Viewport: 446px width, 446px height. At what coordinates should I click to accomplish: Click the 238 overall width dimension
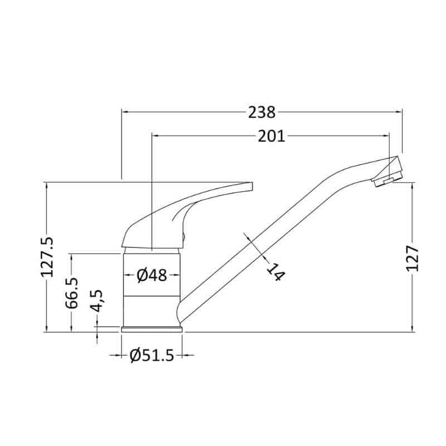(x=261, y=112)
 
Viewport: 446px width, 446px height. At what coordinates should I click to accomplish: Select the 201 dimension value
(x=271, y=135)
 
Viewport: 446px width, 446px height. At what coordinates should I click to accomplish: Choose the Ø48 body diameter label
(x=152, y=275)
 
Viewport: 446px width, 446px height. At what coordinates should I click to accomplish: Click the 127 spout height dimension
(x=413, y=258)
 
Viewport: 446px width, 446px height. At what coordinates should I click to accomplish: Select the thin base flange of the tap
(x=152, y=329)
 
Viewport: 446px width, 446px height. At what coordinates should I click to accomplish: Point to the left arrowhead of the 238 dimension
(x=125, y=112)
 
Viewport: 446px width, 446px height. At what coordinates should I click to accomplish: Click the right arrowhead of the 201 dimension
(x=385, y=135)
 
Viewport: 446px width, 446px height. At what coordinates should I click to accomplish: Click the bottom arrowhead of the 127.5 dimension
(x=47, y=329)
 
